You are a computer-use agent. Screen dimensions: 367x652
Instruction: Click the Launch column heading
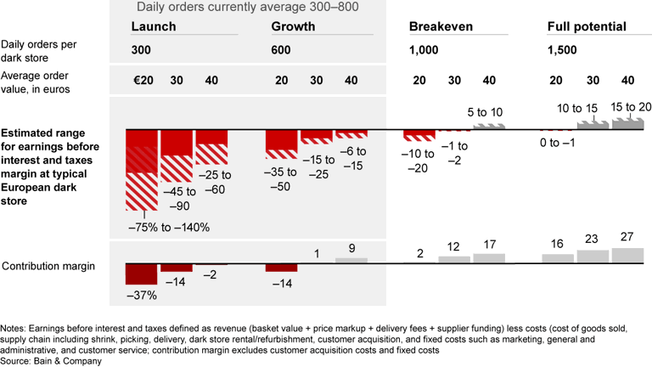(154, 26)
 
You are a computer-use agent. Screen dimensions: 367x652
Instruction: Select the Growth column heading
(293, 26)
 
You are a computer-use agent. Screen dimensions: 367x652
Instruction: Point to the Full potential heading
(587, 26)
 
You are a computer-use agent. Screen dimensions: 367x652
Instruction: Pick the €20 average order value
(141, 81)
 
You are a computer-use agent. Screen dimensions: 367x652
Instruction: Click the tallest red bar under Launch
(142, 170)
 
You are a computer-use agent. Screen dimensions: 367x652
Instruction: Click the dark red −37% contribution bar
(142, 274)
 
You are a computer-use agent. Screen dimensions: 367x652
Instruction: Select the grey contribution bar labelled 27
(627, 254)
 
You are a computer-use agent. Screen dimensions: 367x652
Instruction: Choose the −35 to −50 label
(282, 179)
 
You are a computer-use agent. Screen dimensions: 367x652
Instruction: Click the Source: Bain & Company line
(51, 361)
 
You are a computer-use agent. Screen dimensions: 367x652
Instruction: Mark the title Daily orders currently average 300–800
(246, 8)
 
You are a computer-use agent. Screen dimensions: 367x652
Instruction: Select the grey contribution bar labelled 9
(351, 259)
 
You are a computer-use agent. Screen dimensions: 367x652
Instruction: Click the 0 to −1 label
(557, 143)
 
